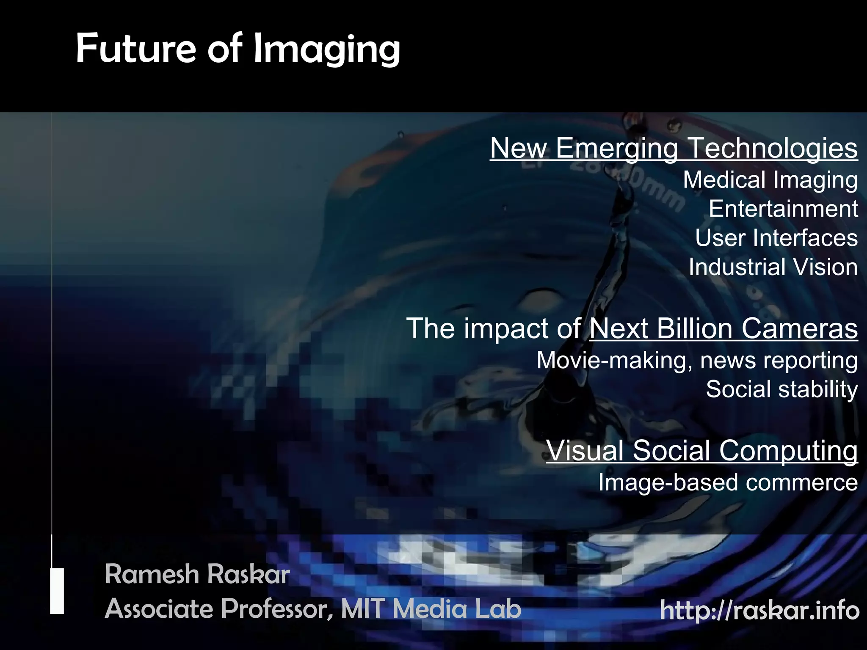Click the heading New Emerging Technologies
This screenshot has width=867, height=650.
(x=674, y=148)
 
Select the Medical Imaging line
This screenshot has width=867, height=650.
(x=770, y=180)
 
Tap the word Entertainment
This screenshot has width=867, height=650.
(x=783, y=209)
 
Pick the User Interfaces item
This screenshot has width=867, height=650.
(x=776, y=238)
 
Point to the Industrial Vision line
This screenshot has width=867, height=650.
(x=773, y=267)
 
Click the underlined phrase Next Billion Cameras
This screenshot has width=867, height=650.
(x=723, y=328)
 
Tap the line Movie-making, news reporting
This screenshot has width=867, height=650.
(x=697, y=361)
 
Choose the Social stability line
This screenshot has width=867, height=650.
(x=781, y=389)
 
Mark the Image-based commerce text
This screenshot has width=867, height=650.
(x=728, y=482)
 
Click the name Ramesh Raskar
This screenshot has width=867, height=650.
(x=197, y=575)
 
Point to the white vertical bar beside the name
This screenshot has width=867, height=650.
(x=57, y=591)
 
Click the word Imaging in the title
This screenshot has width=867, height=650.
(x=326, y=50)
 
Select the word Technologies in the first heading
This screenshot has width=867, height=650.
(x=773, y=148)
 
